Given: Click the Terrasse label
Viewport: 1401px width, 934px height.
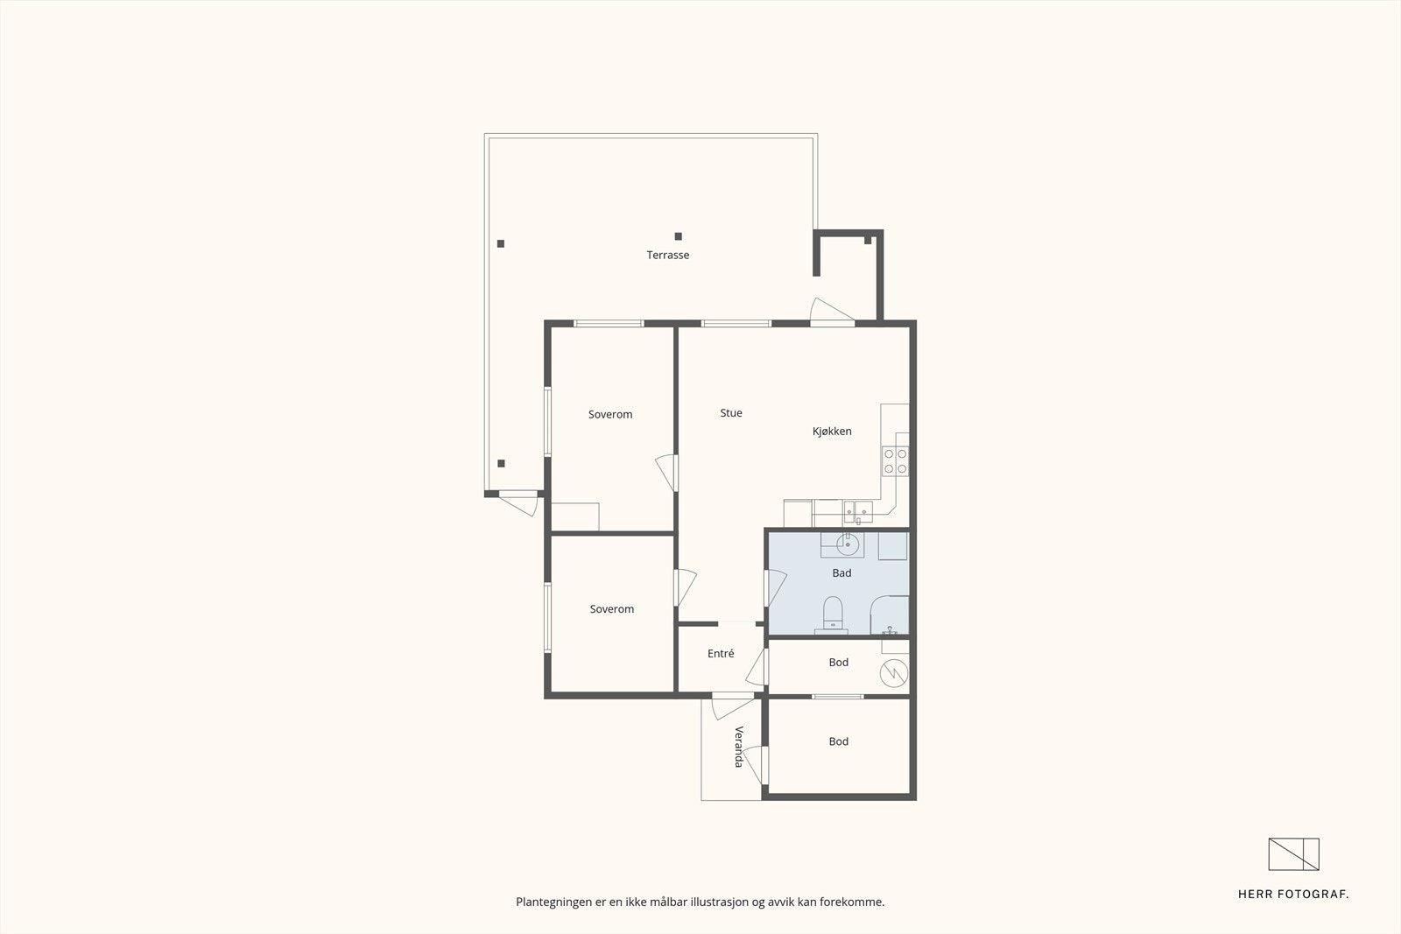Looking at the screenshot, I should click(x=668, y=256).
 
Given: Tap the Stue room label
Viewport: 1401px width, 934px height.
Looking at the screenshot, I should click(x=731, y=413).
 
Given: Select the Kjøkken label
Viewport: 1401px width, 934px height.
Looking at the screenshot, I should click(x=832, y=432).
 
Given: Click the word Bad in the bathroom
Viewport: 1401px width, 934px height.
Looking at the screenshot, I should click(x=841, y=573).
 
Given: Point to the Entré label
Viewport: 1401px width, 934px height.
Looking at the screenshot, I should click(x=721, y=654).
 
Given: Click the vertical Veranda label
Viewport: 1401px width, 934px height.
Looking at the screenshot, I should click(x=738, y=747).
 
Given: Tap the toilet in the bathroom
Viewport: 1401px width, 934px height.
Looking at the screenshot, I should click(x=832, y=613).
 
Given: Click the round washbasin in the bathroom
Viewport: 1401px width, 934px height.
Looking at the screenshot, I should click(x=847, y=545).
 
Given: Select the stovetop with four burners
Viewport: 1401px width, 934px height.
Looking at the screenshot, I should click(x=895, y=461).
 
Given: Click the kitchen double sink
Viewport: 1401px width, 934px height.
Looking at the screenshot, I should click(x=857, y=509).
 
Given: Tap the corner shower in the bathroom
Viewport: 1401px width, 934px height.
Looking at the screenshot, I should click(x=891, y=616).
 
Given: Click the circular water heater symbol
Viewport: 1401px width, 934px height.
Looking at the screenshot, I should click(x=895, y=673).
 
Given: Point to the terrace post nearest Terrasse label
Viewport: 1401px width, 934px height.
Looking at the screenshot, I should click(x=678, y=236).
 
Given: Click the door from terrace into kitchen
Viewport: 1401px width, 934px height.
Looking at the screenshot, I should click(x=831, y=313).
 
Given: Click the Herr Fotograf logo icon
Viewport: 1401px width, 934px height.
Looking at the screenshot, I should click(x=1293, y=854).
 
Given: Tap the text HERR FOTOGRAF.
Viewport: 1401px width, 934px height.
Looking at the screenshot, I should click(x=1292, y=895).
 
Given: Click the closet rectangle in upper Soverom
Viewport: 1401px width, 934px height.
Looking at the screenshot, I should click(x=575, y=516).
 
